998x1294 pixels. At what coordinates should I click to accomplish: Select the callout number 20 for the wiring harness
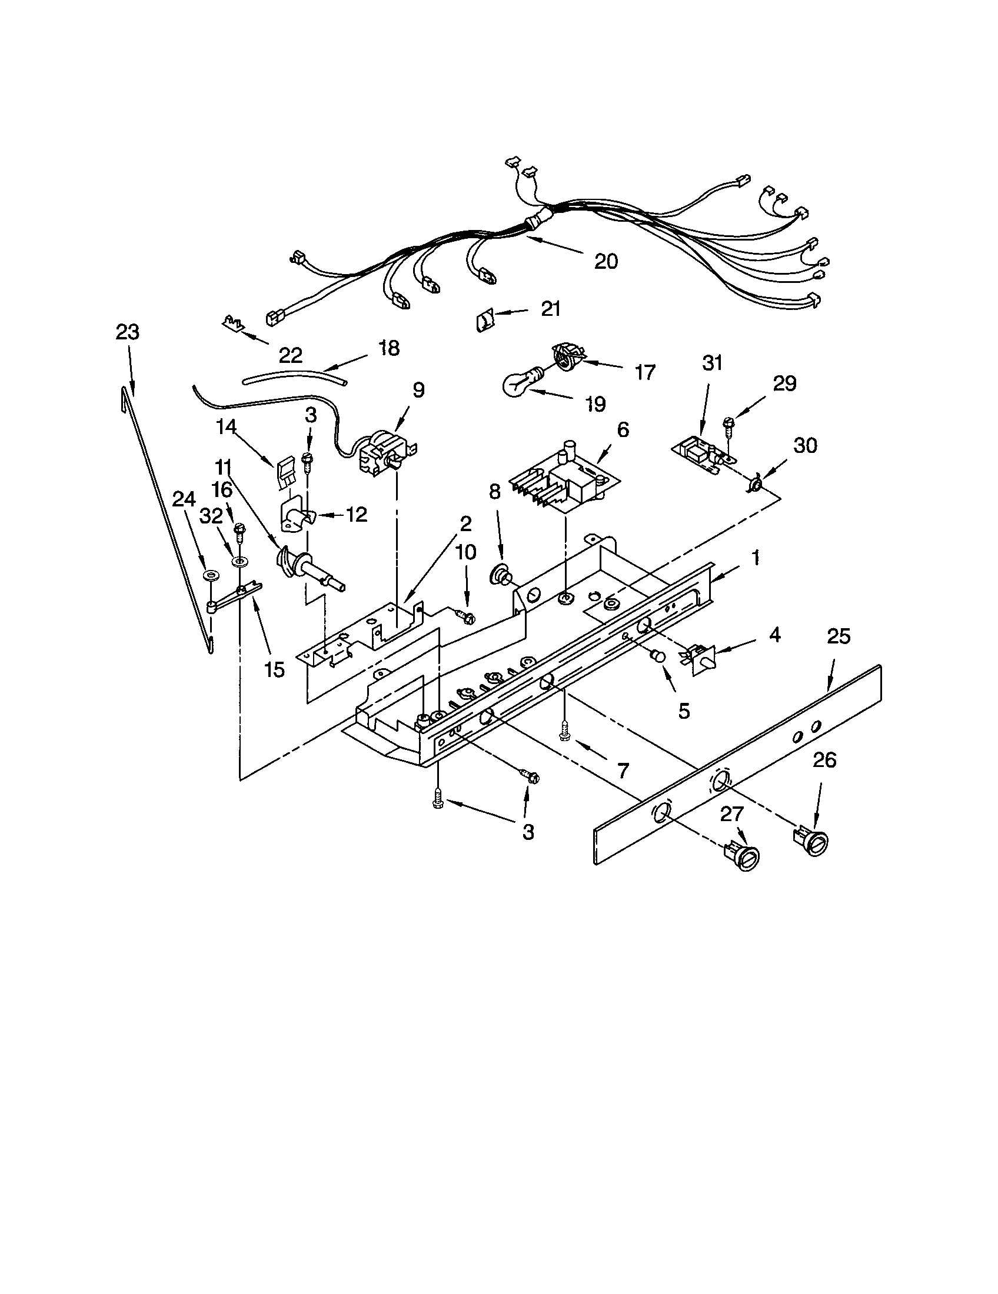pyautogui.click(x=606, y=261)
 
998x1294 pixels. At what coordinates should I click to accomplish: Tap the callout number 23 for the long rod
pyautogui.click(x=128, y=332)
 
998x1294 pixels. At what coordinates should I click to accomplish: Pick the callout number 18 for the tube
pyautogui.click(x=389, y=348)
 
